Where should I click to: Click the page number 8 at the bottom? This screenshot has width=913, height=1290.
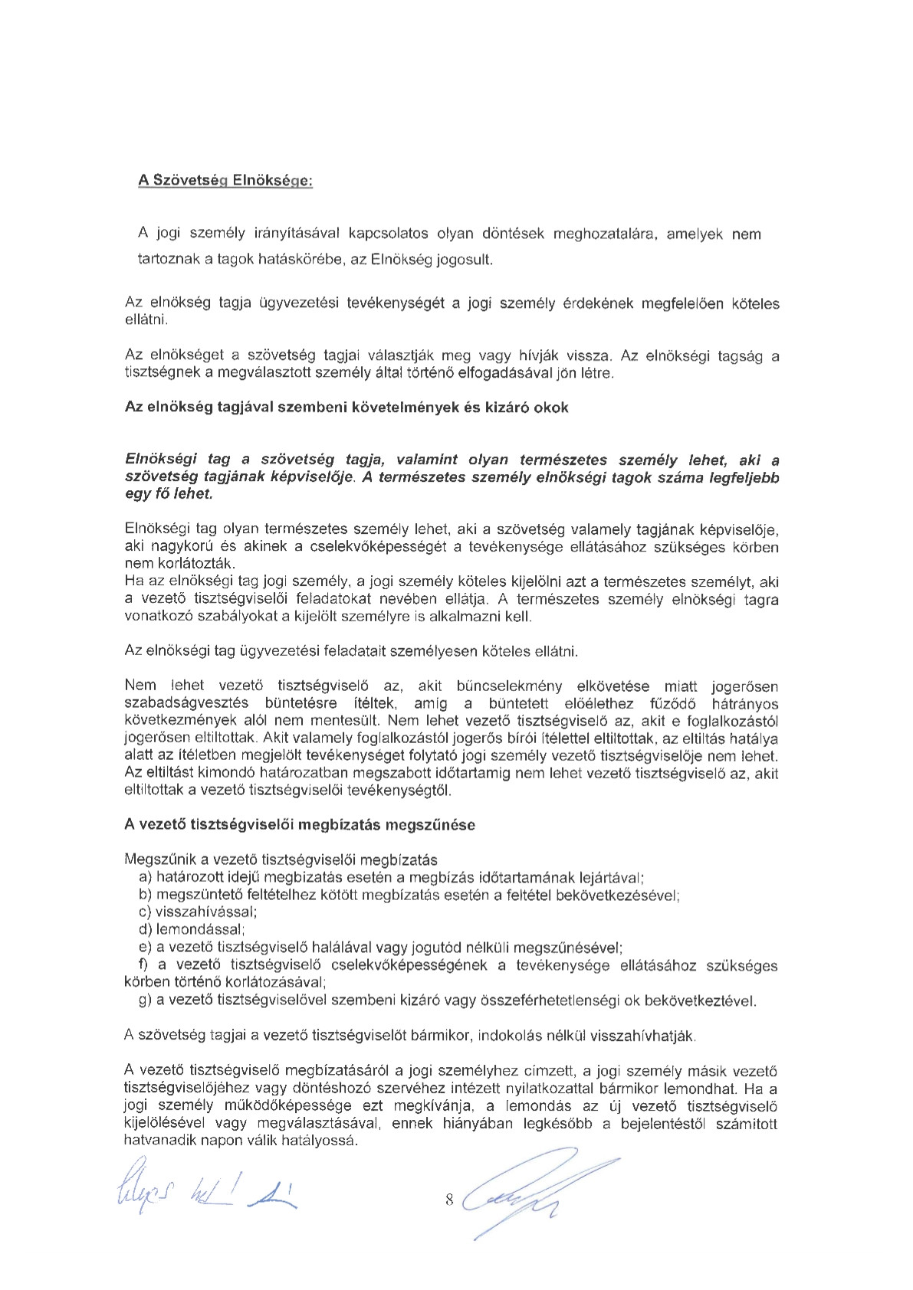coord(449,1200)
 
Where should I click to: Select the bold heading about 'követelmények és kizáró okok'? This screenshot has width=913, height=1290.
coord(346,408)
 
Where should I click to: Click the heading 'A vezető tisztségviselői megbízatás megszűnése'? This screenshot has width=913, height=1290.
coord(300,825)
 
